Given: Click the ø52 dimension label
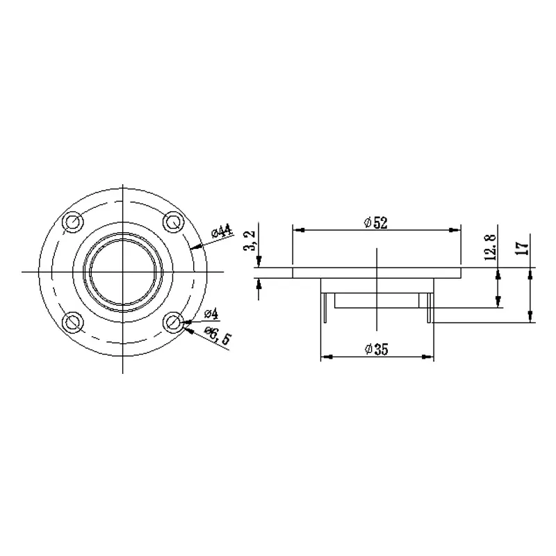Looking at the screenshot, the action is tap(376, 222).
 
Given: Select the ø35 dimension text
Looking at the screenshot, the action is tap(376, 350).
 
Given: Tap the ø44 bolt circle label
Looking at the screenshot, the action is tap(222, 231).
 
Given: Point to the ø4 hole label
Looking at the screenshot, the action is tap(211, 313).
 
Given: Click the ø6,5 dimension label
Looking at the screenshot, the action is tap(218, 335).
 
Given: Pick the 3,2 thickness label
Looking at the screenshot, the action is tap(250, 241).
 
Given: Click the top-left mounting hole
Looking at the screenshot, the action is tap(73, 222).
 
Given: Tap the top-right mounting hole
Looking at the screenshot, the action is tap(173, 222).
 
